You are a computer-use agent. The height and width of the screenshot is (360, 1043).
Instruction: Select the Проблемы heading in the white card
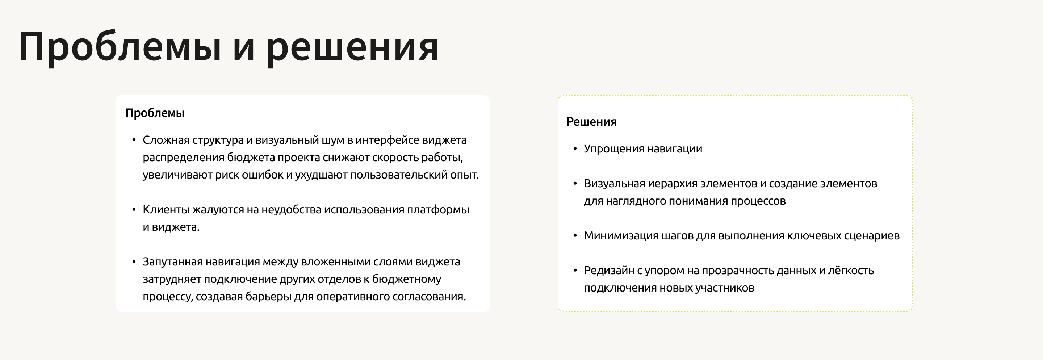point(155,113)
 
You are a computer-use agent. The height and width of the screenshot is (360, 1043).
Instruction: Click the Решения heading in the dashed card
point(591,122)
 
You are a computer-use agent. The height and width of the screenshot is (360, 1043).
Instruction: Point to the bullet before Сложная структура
point(134,140)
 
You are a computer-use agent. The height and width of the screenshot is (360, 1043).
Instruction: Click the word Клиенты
point(166,210)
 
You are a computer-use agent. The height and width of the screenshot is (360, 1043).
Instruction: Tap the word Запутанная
point(172,262)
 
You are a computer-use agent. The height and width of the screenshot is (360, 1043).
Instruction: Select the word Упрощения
point(613,149)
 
